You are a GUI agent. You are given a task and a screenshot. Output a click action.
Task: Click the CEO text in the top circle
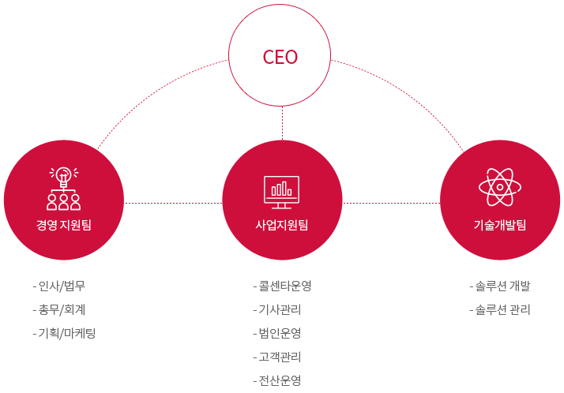click(x=280, y=57)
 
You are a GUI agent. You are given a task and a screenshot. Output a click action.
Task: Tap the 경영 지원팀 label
click(x=63, y=225)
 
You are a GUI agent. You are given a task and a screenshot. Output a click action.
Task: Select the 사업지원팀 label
click(x=282, y=225)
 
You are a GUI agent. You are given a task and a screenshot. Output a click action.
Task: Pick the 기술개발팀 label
click(x=499, y=225)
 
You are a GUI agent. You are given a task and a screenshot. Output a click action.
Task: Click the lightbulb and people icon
click(x=63, y=188)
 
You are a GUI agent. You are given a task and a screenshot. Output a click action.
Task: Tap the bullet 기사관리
click(x=279, y=309)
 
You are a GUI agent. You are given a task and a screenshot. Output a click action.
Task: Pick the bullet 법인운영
click(x=279, y=333)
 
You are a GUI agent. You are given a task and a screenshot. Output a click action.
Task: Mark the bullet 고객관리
click(x=279, y=357)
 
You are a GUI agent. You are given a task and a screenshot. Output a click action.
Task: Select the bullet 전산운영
click(x=279, y=380)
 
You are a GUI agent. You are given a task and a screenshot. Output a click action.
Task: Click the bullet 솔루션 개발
click(x=501, y=286)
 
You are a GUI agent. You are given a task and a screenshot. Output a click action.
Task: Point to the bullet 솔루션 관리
click(x=501, y=309)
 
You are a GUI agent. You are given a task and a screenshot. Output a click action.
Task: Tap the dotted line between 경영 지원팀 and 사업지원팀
click(x=173, y=203)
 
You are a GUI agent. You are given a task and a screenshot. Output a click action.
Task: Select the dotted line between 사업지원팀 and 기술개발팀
click(x=391, y=203)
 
